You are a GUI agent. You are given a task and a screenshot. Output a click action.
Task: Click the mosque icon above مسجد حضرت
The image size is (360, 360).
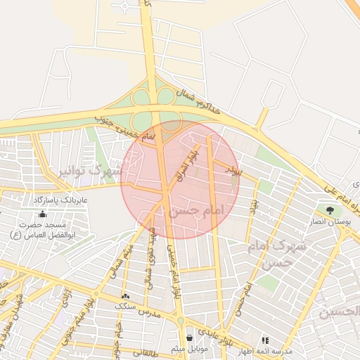tap(43, 214)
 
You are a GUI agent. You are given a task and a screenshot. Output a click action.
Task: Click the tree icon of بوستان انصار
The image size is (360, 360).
tap(330, 210)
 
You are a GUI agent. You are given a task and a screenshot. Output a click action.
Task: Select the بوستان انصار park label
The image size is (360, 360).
tap(335, 222)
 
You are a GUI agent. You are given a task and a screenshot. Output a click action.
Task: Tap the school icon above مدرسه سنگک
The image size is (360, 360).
tap(125, 297)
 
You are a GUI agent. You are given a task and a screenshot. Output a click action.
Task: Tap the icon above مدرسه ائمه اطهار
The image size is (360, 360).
tap(265, 340)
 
